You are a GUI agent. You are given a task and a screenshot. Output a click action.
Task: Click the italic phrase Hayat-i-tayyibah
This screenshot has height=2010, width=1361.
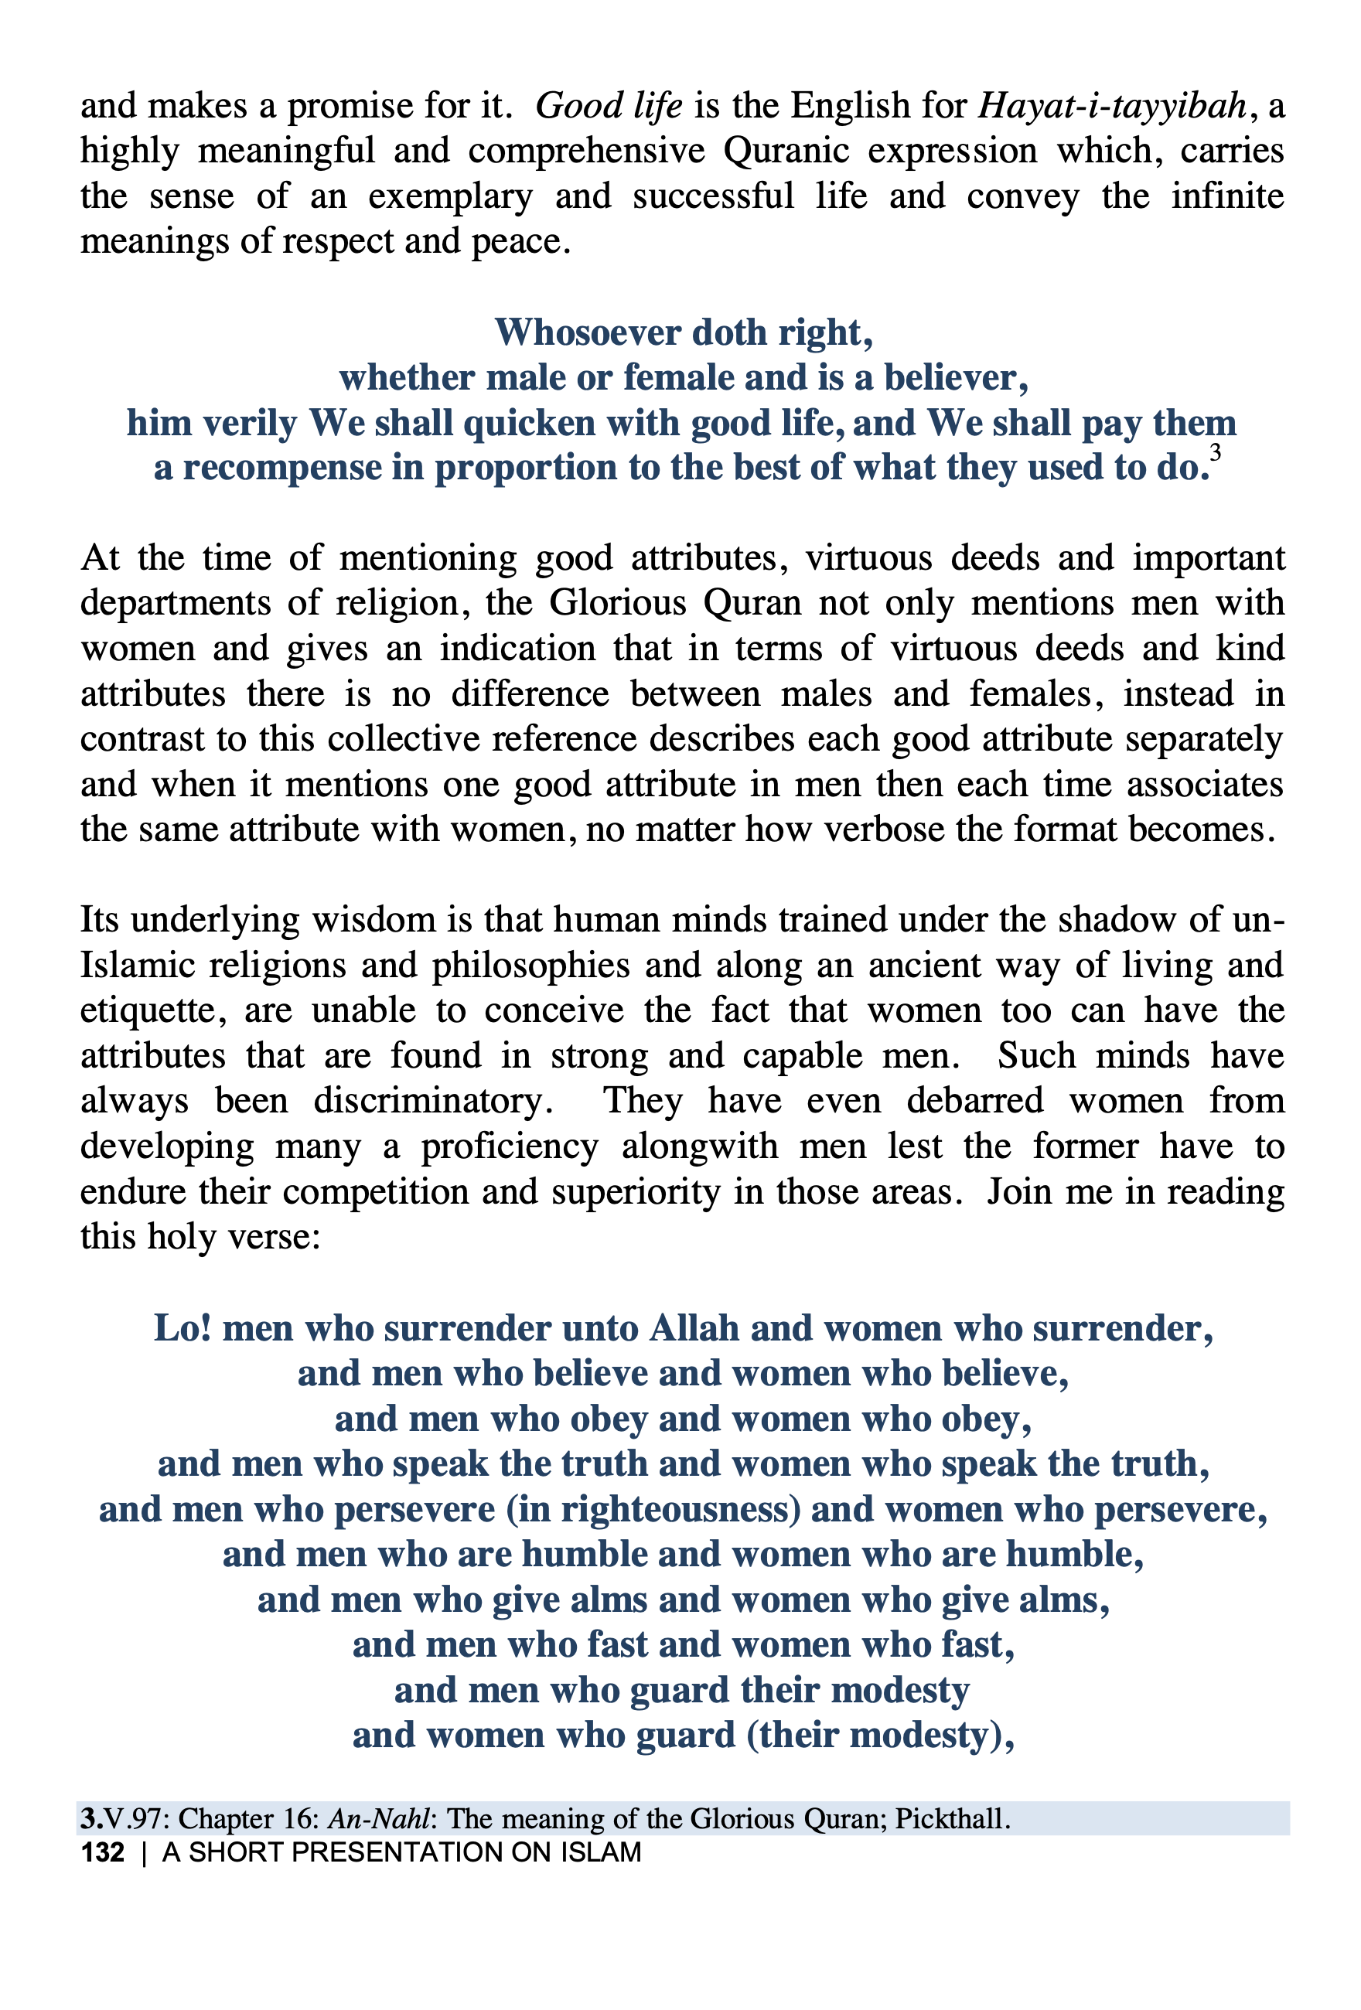click(1112, 107)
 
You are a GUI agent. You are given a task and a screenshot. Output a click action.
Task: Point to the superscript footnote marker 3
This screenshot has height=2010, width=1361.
click(1215, 452)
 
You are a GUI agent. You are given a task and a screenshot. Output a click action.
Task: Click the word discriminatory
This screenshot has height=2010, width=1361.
click(432, 1101)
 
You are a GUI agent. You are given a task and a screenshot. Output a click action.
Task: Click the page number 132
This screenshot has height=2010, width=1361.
click(102, 1852)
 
